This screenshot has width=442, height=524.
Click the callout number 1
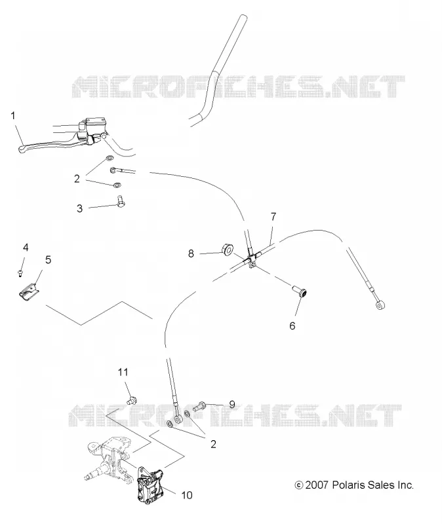12,116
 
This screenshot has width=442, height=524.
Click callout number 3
79,208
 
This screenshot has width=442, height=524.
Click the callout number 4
26,248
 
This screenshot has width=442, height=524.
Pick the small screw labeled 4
20,273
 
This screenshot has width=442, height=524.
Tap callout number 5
48,259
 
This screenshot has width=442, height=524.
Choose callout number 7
273,217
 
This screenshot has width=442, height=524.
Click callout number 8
191,253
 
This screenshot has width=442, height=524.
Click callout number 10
187,495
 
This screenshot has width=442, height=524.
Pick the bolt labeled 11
133,400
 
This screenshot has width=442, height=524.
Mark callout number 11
123,372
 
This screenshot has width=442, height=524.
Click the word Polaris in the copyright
348,485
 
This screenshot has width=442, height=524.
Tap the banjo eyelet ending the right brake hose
380,305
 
